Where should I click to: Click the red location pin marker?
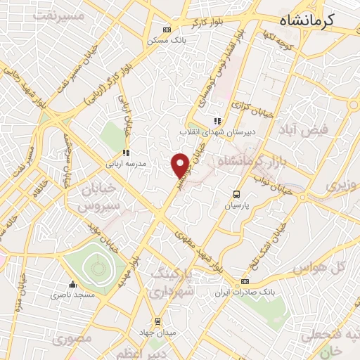click(x=181, y=165)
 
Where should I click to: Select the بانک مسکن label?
click(x=166, y=40)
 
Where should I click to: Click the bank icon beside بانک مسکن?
click(x=167, y=30)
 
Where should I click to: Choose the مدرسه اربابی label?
click(x=126, y=163)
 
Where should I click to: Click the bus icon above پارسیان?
click(x=237, y=195)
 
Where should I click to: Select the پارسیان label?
click(x=238, y=207)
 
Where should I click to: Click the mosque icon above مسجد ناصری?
click(x=72, y=285)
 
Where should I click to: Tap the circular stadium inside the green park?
click(x=94, y=266)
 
